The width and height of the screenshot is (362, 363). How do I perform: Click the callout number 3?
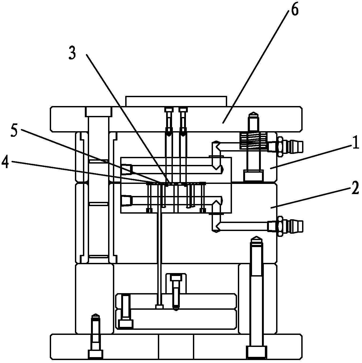click(x=72, y=53)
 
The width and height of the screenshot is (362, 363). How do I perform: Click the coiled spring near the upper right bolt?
click(x=254, y=140)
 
